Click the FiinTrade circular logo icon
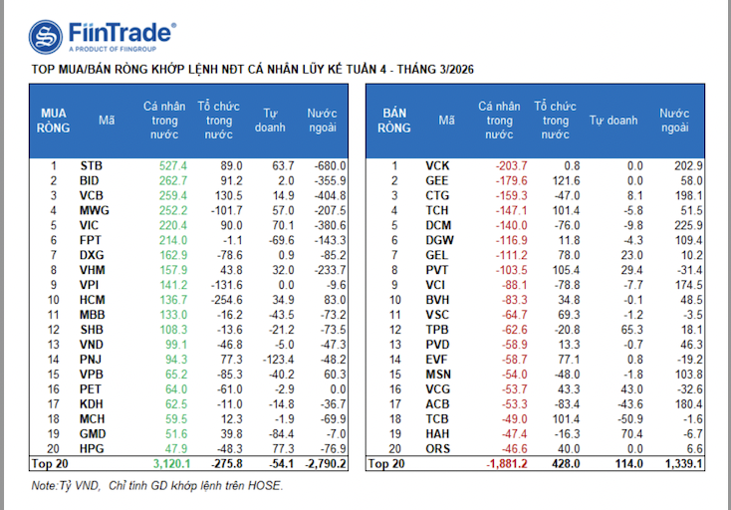46,38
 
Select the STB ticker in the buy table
91,165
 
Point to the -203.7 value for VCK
510,165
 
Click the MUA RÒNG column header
54,120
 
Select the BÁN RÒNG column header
395,120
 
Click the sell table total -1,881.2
503,464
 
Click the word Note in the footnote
43,486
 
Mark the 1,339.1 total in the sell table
683,464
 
